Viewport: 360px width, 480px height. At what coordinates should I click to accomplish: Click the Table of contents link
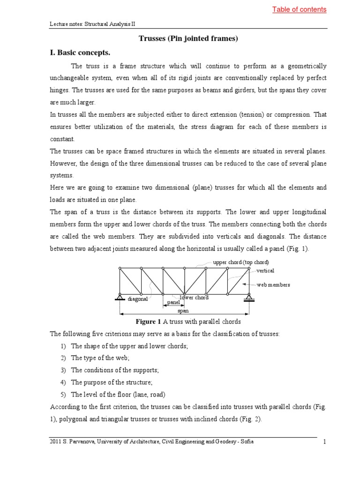pyautogui.click(x=299, y=9)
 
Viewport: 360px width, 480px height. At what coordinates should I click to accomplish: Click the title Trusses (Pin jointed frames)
pyautogui.click(x=188, y=38)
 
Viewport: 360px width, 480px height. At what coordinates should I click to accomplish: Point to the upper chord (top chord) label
pyautogui.click(x=241, y=262)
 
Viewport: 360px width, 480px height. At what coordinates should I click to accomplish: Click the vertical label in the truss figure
pyautogui.click(x=265, y=270)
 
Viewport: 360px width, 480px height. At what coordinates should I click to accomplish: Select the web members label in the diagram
pyautogui.click(x=273, y=285)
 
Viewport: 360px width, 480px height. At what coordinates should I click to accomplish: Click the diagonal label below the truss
pyautogui.click(x=138, y=299)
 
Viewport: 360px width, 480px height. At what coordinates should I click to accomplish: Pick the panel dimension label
pyautogui.click(x=173, y=303)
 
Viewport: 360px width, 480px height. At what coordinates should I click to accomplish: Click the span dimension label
pyautogui.click(x=183, y=311)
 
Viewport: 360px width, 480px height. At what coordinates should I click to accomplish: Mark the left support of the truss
pyautogui.click(x=120, y=297)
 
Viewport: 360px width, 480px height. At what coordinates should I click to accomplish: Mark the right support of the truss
pyautogui.click(x=248, y=297)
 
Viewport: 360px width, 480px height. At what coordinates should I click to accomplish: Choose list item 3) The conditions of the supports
pyautogui.click(x=115, y=370)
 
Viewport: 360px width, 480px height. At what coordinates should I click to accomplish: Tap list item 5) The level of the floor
pyautogui.click(x=118, y=394)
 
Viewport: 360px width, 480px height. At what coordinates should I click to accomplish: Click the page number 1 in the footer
pyautogui.click(x=324, y=442)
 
